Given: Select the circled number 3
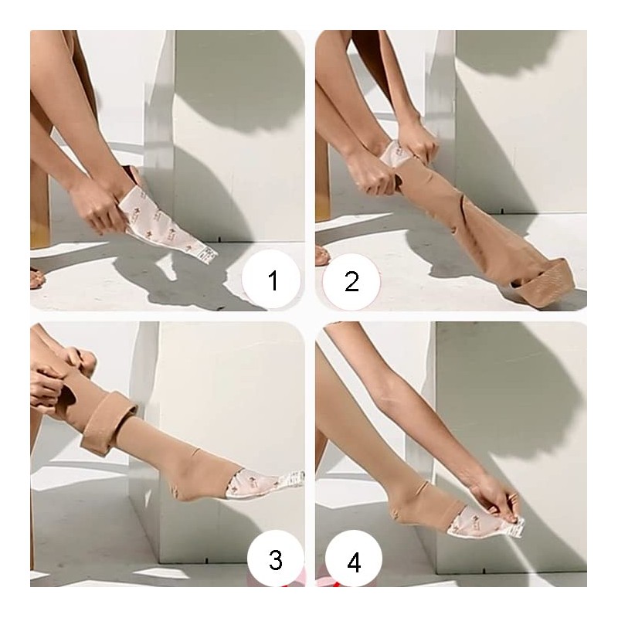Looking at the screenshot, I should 276,559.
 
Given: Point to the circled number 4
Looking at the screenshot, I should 353,562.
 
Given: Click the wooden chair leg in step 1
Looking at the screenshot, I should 40,209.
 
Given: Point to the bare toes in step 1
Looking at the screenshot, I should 36,277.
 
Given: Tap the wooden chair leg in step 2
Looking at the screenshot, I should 322,193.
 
